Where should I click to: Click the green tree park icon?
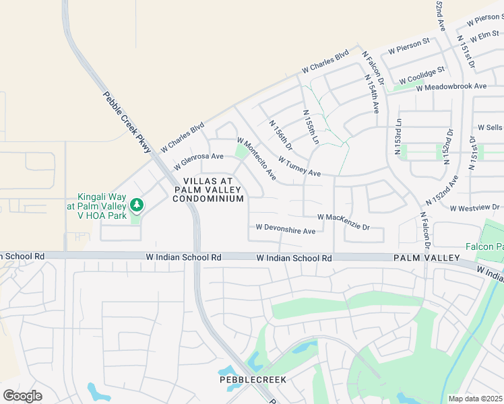click(x=137, y=203)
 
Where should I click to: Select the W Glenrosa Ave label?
click(x=198, y=160)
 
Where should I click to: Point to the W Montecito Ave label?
click(x=256, y=159)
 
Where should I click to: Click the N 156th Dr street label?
click(x=280, y=135)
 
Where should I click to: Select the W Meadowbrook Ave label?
click(x=451, y=87)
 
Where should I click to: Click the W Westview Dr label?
click(x=475, y=207)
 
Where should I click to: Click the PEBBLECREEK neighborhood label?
click(x=253, y=380)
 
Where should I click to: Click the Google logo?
click(x=22, y=395)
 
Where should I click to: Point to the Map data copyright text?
click(x=475, y=399)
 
